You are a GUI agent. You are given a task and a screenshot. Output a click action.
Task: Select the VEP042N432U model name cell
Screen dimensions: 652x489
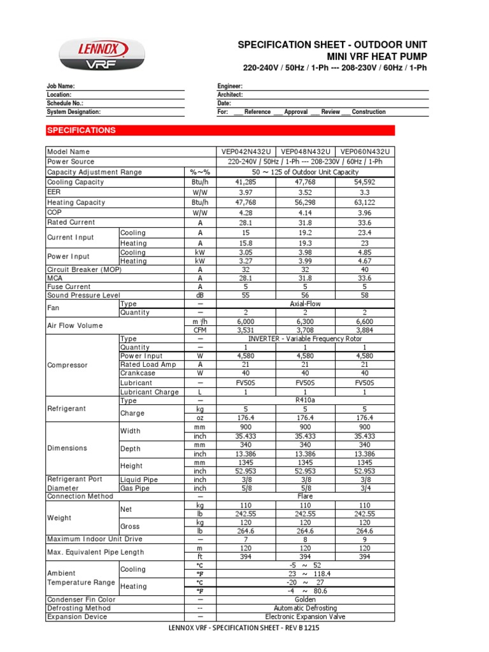point(246,152)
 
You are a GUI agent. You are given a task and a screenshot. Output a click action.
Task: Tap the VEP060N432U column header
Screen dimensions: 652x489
point(365,152)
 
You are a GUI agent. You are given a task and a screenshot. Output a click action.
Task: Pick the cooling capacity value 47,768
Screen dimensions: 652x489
point(305,182)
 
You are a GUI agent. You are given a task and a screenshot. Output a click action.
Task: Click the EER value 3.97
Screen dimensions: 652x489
point(246,192)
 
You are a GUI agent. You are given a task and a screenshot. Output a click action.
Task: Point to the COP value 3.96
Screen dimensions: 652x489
point(365,213)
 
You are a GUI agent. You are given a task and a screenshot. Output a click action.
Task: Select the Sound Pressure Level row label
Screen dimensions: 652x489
point(83,295)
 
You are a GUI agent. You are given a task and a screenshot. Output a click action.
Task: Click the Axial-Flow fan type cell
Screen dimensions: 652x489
point(305,304)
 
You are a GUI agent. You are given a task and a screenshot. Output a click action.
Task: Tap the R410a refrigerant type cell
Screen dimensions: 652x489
point(305,401)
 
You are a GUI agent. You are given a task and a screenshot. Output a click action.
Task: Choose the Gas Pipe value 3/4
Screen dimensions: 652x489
point(365,488)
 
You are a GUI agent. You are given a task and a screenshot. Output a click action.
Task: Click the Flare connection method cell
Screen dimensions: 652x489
point(305,497)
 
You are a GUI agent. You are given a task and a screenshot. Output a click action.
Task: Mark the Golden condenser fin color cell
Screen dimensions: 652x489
point(305,600)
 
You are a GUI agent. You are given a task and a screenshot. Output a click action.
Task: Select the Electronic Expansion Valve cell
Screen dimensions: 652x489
point(305,617)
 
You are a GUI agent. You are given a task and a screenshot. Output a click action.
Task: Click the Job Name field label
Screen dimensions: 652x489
point(60,86)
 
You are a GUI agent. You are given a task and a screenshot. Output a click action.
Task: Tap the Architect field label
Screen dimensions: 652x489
point(230,94)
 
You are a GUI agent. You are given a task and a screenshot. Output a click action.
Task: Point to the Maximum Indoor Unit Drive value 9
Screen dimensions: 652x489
point(365,540)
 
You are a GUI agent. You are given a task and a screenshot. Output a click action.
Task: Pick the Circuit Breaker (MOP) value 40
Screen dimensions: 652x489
point(365,269)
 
